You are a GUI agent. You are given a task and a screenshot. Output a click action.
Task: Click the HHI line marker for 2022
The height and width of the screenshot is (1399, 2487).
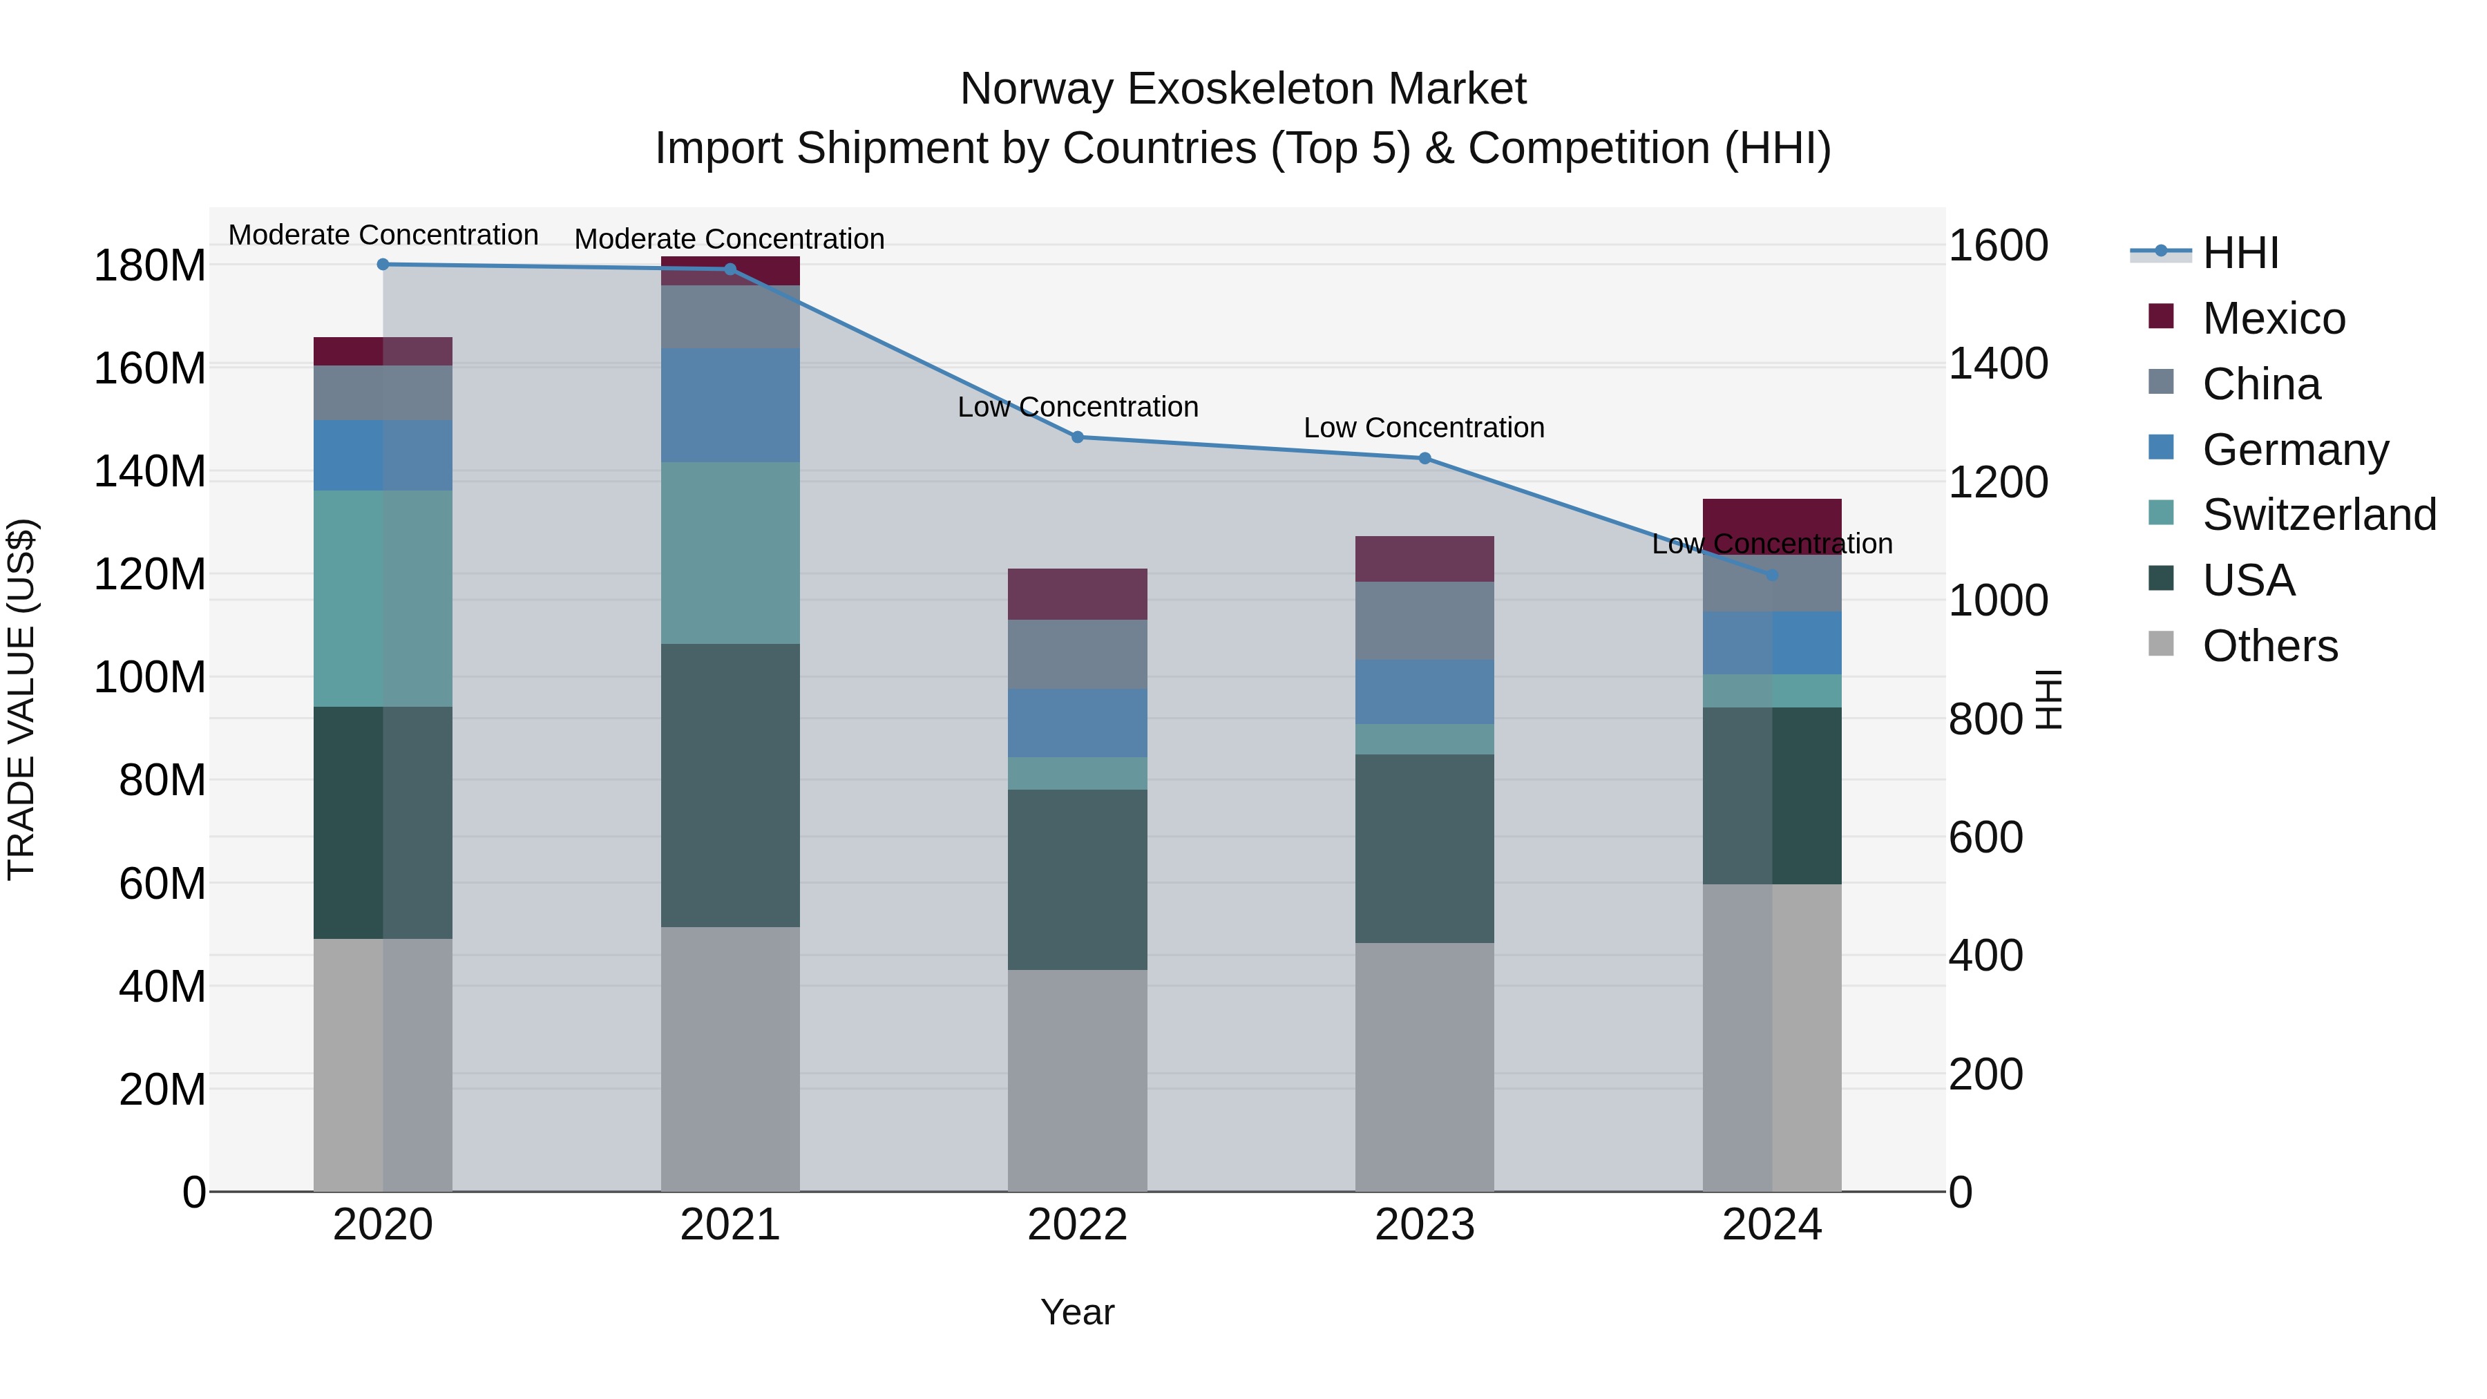1078,437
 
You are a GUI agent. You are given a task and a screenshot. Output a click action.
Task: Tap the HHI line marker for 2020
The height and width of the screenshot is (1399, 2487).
383,264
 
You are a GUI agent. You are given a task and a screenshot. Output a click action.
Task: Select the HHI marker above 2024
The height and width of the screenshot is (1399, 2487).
1771,575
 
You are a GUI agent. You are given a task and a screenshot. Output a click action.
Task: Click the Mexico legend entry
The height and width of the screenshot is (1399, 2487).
2273,318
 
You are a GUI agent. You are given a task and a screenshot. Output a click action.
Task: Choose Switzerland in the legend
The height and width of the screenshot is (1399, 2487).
2318,515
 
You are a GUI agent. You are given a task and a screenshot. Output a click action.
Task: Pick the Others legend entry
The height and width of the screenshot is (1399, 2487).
2269,646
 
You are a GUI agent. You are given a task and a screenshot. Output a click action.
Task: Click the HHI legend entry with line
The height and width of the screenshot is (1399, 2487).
2240,253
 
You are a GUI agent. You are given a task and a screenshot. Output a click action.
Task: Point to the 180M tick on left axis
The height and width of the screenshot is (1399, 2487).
150,265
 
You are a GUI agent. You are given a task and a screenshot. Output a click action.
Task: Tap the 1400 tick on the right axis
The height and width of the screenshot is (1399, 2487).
1997,364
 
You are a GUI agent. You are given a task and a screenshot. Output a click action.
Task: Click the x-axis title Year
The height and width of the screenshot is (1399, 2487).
1078,1312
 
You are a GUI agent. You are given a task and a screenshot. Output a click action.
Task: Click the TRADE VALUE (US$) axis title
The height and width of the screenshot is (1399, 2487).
21,699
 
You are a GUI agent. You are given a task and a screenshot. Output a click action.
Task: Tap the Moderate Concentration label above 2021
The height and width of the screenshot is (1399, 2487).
729,238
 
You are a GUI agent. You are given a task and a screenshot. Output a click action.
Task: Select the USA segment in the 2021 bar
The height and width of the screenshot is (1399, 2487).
730,784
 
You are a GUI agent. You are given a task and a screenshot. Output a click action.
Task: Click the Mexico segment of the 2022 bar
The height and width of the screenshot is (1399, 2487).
1078,593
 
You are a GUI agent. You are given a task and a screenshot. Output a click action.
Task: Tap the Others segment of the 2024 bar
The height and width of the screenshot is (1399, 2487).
1771,1037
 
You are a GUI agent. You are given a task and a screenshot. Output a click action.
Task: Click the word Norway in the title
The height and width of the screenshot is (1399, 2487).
1037,89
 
